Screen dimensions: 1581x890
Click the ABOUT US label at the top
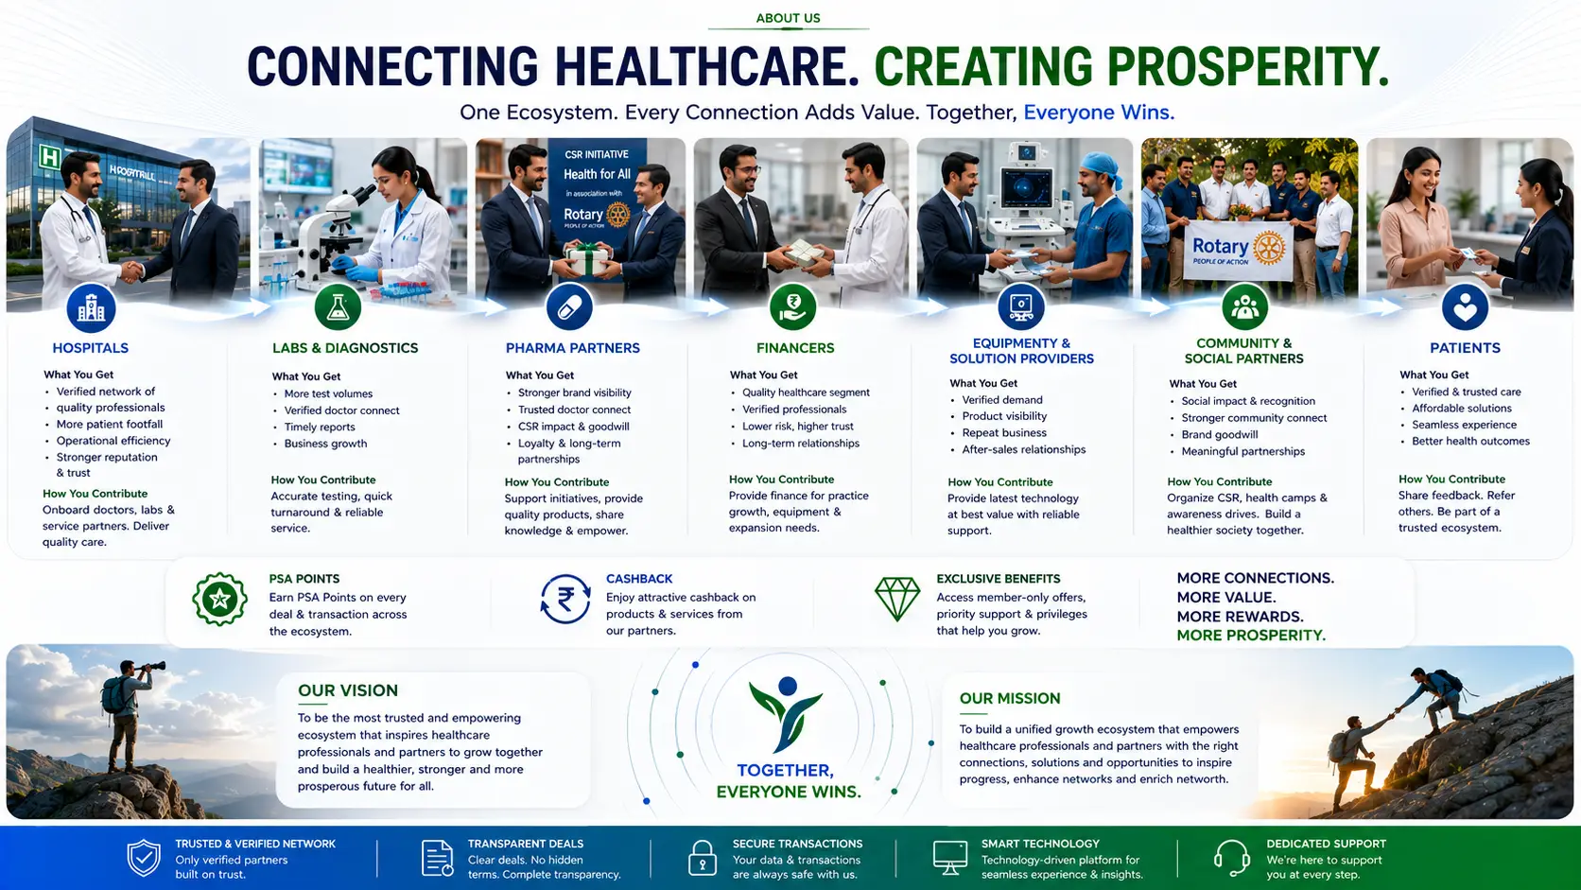coord(788,18)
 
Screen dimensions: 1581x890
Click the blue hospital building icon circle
coord(91,307)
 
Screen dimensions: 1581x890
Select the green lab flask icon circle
coord(339,307)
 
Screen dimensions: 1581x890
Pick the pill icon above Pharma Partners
coord(569,307)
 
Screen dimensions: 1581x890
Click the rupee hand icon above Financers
coord(793,307)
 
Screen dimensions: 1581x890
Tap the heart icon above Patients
coord(1466,307)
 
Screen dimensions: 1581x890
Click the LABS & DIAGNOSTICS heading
coord(345,348)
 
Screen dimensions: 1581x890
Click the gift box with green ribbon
coord(588,259)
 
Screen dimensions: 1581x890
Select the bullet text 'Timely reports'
coord(320,427)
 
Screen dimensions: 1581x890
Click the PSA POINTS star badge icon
coord(219,600)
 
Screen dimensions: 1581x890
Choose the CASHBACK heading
coord(639,579)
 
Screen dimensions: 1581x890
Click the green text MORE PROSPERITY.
coord(1251,636)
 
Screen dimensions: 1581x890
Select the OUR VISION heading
coord(348,690)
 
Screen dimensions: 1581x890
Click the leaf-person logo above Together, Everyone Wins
coord(787,714)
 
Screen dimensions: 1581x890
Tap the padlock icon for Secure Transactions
coord(703,858)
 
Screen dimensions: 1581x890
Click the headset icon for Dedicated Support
coord(1232,858)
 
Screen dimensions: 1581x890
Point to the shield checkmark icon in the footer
coord(144,858)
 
